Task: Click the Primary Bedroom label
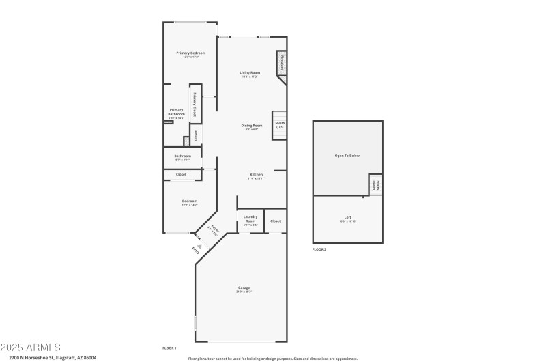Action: click(x=190, y=53)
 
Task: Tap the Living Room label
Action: click(x=250, y=73)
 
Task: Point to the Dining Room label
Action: click(x=252, y=126)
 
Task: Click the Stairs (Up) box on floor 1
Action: click(x=279, y=125)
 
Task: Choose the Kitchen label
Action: click(x=256, y=175)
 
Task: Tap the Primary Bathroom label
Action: click(x=176, y=113)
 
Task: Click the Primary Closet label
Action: click(x=195, y=104)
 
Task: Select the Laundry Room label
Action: click(x=250, y=219)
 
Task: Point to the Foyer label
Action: click(x=214, y=230)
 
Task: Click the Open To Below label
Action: click(x=347, y=156)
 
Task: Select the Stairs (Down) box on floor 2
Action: click(x=373, y=184)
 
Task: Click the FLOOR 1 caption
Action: click(x=169, y=348)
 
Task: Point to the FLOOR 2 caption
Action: click(x=319, y=250)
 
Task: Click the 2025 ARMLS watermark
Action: click(x=31, y=348)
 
